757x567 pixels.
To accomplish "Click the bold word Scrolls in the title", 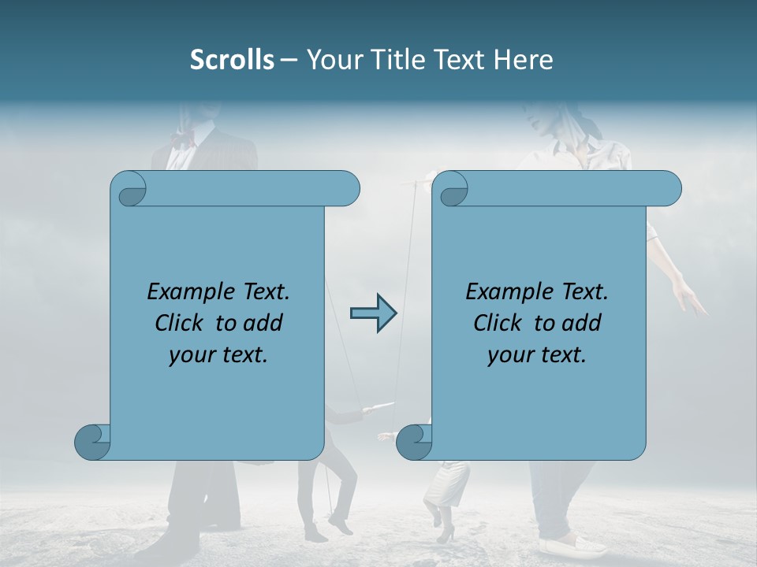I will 232,60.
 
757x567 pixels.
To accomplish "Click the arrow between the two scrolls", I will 373,313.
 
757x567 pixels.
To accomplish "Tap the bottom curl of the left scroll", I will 93,442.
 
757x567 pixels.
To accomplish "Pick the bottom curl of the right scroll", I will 415,442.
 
